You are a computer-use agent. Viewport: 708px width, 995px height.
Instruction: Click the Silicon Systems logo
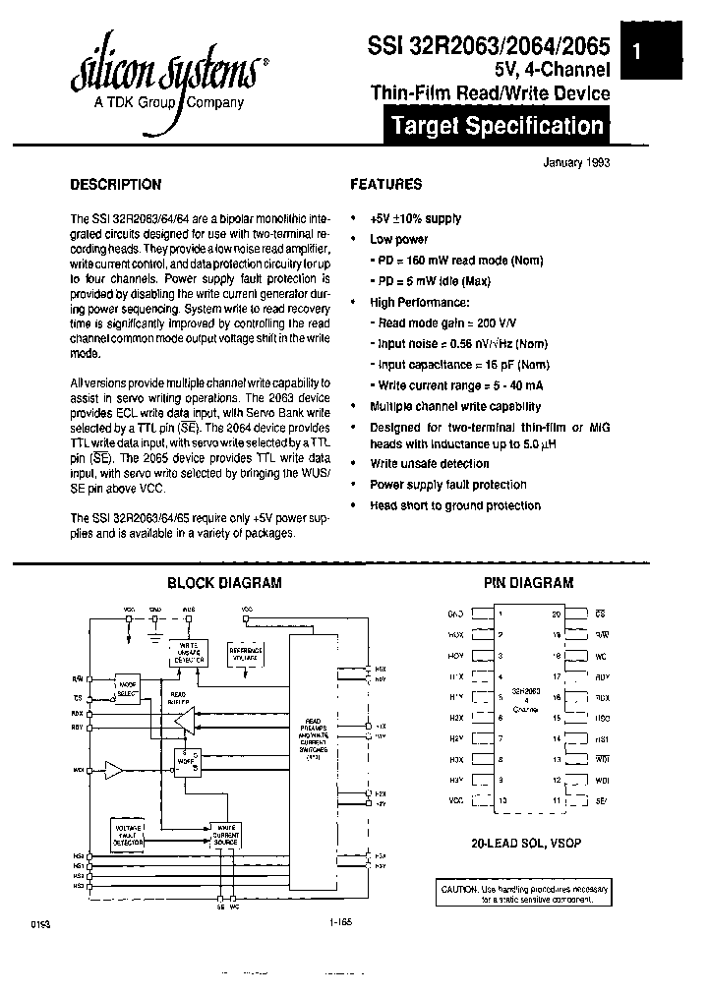[x=163, y=74]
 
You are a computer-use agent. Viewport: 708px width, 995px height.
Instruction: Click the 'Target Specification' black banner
[x=497, y=126]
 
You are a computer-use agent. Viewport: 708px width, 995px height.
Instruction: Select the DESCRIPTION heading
[x=115, y=184]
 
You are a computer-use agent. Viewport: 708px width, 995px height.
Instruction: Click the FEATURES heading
[x=386, y=184]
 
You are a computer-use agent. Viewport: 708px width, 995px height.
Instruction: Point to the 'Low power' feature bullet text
[x=398, y=239]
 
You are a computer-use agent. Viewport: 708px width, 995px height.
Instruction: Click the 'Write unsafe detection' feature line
[x=429, y=463]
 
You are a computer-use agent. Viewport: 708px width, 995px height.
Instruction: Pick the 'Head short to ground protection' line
[x=454, y=505]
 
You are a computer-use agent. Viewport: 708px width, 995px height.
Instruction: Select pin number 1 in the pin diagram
[x=501, y=614]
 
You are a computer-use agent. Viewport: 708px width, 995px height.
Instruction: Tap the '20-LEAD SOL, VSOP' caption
[x=528, y=844]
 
